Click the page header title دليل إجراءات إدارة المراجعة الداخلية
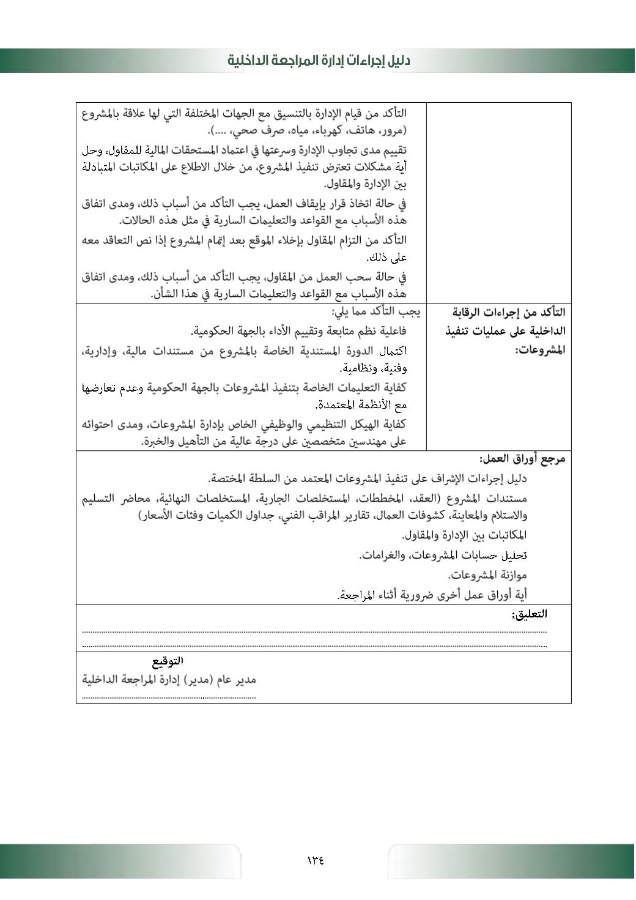[x=319, y=61]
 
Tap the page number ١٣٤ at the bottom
[x=316, y=860]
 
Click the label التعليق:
[x=530, y=614]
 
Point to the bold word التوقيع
[x=168, y=661]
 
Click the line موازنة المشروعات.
[x=487, y=575]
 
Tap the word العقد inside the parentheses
[x=431, y=498]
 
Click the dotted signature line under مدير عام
[x=169, y=696]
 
